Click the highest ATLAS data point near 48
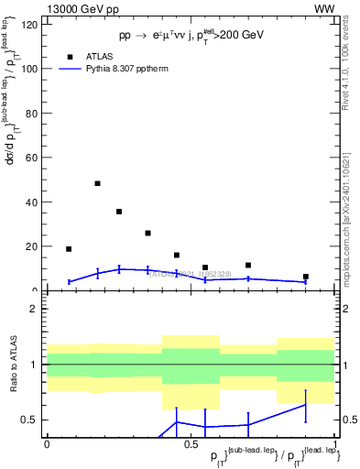pyautogui.click(x=97, y=183)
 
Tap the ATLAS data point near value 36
pyautogui.click(x=119, y=212)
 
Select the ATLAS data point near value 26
pyautogui.click(x=147, y=233)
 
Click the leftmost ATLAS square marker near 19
pyautogui.click(x=69, y=249)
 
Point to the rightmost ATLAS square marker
pyautogui.click(x=306, y=277)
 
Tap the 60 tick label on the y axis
pyautogui.click(x=34, y=158)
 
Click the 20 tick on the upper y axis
pyautogui.click(x=34, y=246)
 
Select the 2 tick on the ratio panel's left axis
pyautogui.click(x=37, y=309)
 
